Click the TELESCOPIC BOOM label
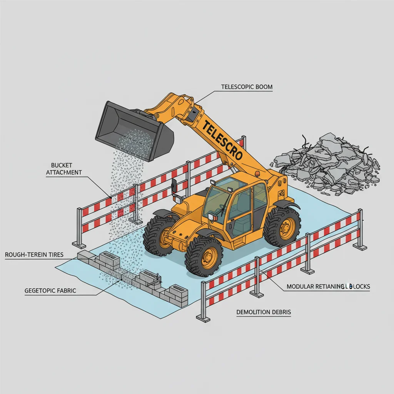click(x=247, y=87)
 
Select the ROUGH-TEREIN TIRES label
click(x=34, y=255)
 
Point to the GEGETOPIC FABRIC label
click(x=50, y=290)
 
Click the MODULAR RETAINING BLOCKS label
click(x=328, y=287)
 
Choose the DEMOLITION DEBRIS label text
click(x=264, y=312)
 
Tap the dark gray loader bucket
click(x=133, y=129)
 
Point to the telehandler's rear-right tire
click(x=282, y=227)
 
